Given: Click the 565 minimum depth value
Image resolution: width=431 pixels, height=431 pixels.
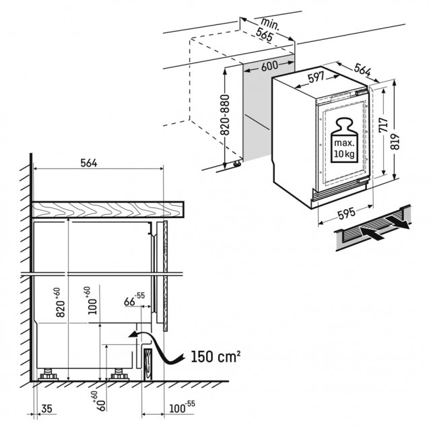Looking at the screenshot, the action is coord(264,35).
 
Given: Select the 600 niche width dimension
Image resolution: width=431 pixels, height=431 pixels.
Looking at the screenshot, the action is coord(269,66).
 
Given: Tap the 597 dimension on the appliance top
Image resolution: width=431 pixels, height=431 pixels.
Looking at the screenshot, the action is coord(317,77).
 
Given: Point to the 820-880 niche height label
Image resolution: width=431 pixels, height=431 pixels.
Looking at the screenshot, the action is coord(225,115).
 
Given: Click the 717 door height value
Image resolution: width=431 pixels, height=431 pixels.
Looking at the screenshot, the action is coord(383,125).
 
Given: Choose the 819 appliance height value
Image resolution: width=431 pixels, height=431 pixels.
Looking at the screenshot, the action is coord(395,142).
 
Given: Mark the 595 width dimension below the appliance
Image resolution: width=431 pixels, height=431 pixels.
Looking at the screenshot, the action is coord(346,214).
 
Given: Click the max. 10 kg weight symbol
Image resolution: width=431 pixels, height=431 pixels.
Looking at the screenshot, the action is coord(344,140).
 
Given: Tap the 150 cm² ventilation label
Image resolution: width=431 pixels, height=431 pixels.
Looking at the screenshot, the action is coord(215,357).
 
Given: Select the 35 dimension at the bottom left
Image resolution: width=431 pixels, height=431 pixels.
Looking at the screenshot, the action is coord(46,409).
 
